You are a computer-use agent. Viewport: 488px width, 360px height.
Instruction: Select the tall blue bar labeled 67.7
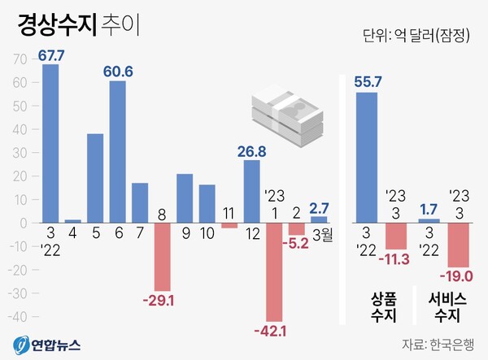(x=50, y=143)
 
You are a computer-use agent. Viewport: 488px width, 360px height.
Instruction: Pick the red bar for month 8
(x=163, y=256)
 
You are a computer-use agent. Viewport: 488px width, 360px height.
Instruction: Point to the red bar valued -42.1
(x=275, y=271)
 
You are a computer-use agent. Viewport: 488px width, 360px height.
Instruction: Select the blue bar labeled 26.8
(x=252, y=191)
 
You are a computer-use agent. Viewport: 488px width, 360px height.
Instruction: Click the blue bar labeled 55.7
(x=366, y=157)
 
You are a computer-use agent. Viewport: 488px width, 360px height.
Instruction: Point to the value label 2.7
(x=319, y=208)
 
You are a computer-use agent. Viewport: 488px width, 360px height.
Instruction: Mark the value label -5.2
(x=297, y=243)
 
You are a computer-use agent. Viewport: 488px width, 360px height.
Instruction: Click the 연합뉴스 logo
(x=48, y=343)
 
